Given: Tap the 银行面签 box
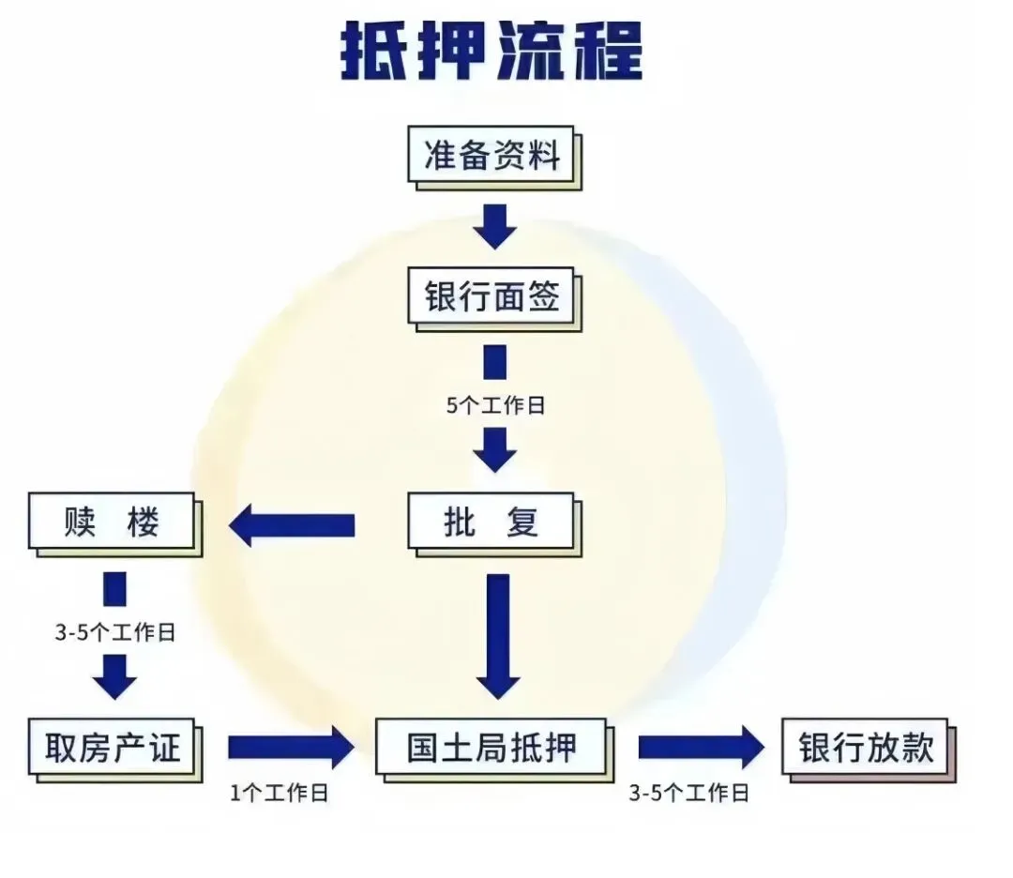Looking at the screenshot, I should tap(491, 297).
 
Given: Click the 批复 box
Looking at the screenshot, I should tap(491, 522).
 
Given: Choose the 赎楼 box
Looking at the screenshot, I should tap(112, 522).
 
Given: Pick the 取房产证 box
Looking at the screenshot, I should tap(112, 748).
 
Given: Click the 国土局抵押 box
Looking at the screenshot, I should tap(491, 748).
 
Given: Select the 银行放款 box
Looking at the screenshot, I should tap(866, 748).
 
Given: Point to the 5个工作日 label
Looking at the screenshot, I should tap(494, 406).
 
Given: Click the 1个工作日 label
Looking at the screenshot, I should tap(279, 794).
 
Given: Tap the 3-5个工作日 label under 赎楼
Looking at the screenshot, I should tap(114, 632).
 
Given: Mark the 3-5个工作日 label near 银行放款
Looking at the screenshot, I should tap(688, 794).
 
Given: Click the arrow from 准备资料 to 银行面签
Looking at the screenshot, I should tap(494, 226).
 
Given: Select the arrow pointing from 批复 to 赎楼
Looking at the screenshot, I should tap(292, 525).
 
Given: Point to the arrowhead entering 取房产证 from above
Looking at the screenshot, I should tap(114, 677).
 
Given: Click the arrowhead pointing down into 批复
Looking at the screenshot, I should tap(494, 450).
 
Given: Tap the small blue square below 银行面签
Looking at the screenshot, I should tap(494, 362).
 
